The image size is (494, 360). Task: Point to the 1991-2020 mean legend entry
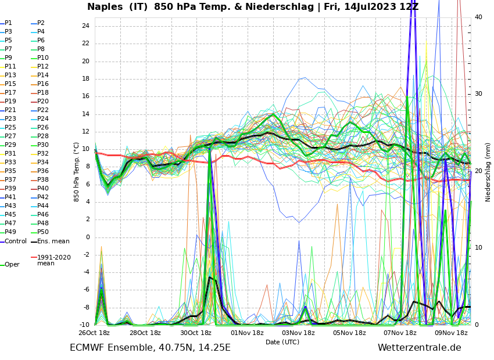pos(53,260)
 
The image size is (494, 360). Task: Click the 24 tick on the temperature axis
pos(85,26)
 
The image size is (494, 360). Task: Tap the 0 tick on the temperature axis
pos(87,237)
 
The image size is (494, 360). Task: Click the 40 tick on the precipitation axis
pos(478,17)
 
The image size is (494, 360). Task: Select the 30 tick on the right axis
pos(478,94)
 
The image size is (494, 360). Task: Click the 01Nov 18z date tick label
pos(247,333)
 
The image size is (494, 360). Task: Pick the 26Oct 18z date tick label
pos(94,333)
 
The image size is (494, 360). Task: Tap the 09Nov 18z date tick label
pos(451,333)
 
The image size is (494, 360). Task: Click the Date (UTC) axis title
pos(282,343)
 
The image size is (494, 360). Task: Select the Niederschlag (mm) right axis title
pos(488,172)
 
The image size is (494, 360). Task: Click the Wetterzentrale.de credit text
pos(419,348)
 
